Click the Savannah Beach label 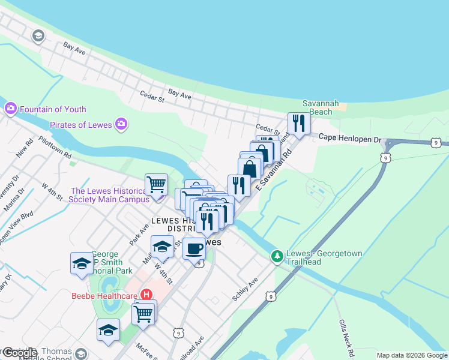click(x=316, y=107)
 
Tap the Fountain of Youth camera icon click(x=10, y=109)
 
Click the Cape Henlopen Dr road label click(x=350, y=139)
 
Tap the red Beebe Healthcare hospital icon click(x=146, y=295)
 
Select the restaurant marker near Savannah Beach click(x=298, y=123)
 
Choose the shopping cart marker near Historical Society click(x=156, y=184)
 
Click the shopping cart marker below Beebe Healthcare click(x=143, y=313)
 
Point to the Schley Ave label click(x=245, y=289)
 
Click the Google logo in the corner click(x=19, y=353)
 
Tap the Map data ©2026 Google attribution click(x=411, y=355)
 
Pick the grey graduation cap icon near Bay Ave click(x=39, y=36)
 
